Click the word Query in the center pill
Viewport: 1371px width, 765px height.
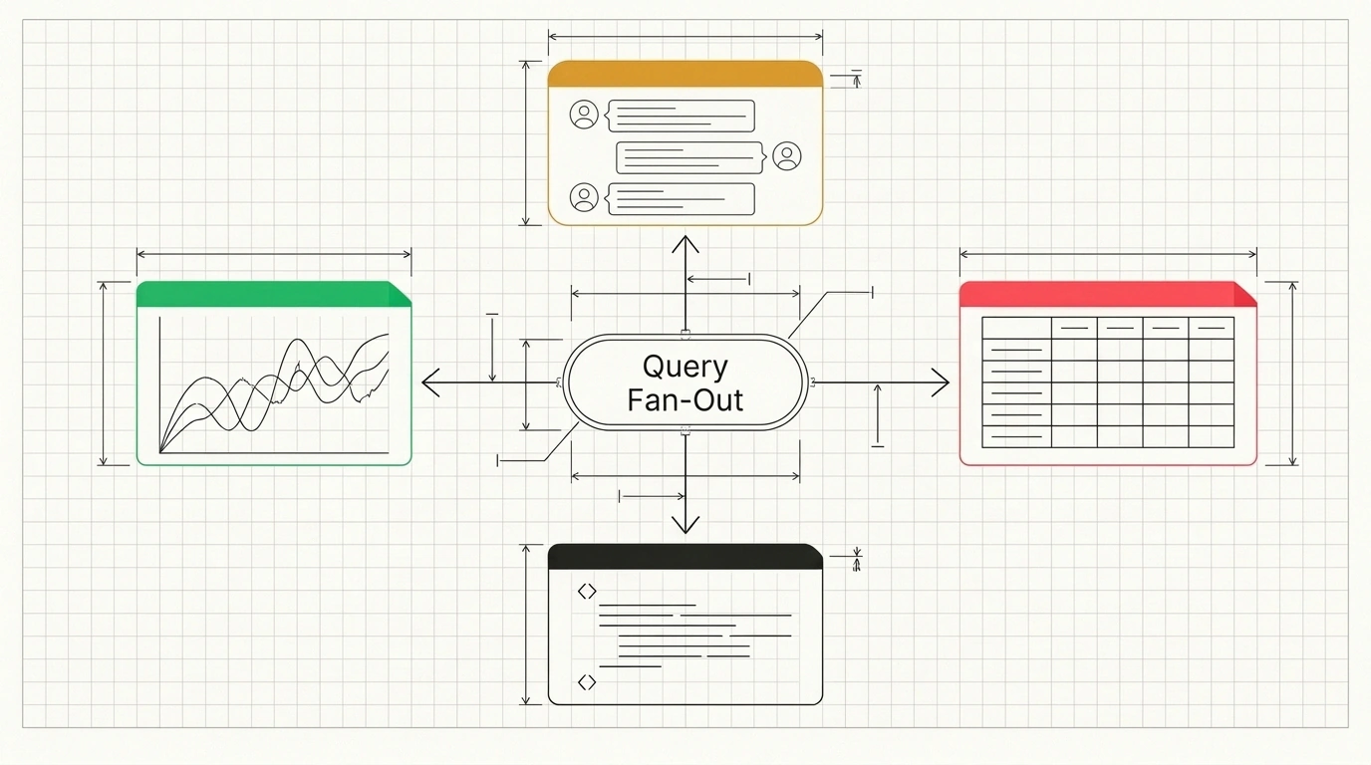click(685, 368)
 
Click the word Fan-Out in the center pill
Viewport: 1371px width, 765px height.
click(685, 400)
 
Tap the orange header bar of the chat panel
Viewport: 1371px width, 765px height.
click(685, 74)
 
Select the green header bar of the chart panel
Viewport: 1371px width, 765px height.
click(274, 294)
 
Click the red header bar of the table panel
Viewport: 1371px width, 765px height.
click(1108, 294)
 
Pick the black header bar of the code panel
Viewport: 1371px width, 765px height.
click(685, 556)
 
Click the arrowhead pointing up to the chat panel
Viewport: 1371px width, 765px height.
click(685, 244)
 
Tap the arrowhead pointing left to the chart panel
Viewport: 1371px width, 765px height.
click(430, 382)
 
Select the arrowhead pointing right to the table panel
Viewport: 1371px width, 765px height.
click(941, 382)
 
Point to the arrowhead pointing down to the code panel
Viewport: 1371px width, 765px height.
click(685, 525)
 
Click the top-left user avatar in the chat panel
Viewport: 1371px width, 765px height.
click(584, 115)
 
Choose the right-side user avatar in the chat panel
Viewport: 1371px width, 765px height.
click(787, 156)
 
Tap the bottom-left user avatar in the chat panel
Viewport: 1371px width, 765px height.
click(584, 197)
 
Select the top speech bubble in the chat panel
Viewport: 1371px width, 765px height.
click(680, 117)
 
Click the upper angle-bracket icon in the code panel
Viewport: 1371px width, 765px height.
click(587, 592)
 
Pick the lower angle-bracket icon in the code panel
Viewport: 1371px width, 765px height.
click(587, 681)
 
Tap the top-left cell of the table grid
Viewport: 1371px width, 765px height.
click(1016, 328)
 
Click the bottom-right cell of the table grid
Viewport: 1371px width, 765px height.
click(1212, 437)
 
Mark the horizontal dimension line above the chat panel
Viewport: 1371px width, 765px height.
click(685, 37)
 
